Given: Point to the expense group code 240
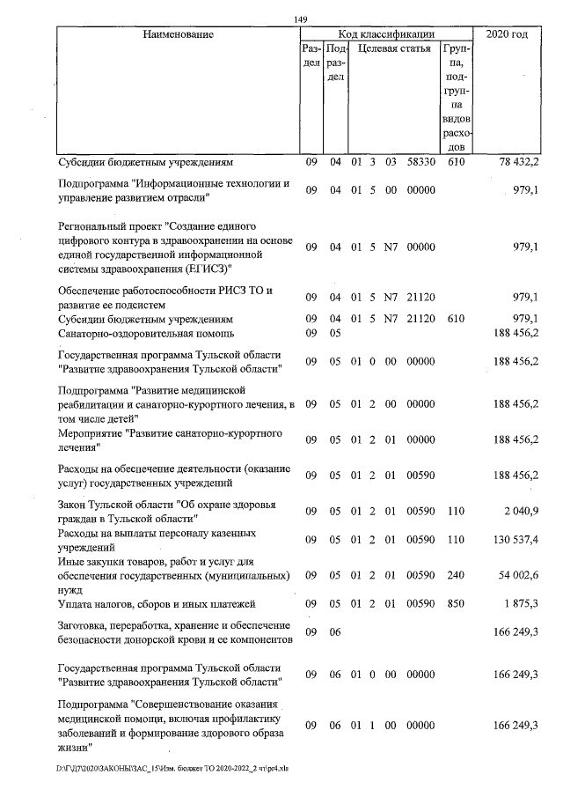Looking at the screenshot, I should pos(456,575).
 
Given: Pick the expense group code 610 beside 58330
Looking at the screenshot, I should pos(456,163).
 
